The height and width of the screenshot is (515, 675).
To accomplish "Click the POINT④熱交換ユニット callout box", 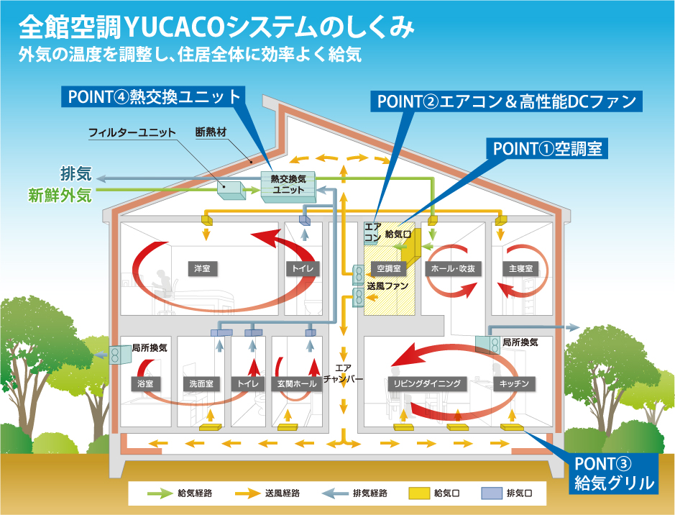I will (155, 97).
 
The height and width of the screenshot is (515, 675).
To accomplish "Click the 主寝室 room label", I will (519, 268).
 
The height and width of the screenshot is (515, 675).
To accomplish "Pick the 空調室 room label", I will (388, 268).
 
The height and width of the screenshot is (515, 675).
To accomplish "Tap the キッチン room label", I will (515, 383).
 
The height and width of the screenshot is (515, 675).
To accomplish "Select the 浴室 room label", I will (145, 383).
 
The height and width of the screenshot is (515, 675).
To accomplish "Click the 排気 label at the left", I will (75, 175).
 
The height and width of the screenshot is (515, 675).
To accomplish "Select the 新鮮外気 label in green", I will (60, 194).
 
